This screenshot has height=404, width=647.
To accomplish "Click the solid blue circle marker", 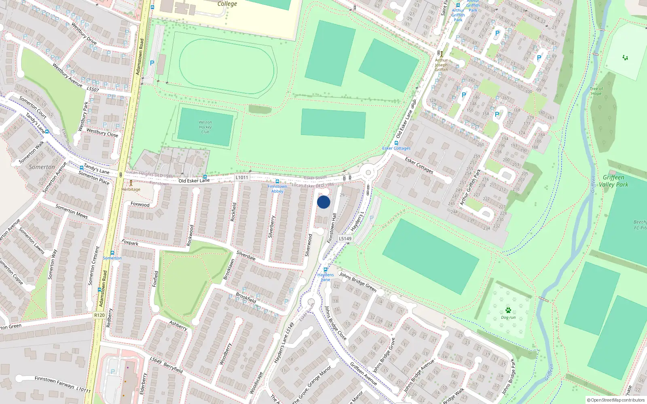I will pos(323,202).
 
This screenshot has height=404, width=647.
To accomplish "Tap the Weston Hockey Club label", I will pos(205,127).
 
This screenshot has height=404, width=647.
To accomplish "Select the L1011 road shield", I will pos(242,177).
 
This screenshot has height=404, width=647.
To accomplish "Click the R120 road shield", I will pos(99,315).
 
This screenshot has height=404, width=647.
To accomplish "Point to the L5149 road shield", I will pos(345,239).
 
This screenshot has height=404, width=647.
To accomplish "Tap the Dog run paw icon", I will pos(508,310).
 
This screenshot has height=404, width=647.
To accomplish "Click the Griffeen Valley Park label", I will pos(613,181).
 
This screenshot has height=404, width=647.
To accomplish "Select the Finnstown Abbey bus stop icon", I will pos(277,181).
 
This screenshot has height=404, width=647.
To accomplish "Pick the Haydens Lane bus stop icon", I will pos(326,270).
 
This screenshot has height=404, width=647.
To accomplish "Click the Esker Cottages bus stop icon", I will pos(396,143).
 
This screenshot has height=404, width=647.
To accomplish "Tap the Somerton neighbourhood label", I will pos(42,167).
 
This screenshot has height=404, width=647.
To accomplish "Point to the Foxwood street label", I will pos(140,204).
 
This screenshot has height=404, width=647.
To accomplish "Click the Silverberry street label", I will pos(272,226).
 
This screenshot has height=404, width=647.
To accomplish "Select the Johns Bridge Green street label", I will pos(358,282).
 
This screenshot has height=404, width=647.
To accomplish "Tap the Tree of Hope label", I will pos(596,91).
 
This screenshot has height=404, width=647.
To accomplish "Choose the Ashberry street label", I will pos(178,326).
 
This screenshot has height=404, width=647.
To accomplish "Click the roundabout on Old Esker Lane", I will pos(368,173).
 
